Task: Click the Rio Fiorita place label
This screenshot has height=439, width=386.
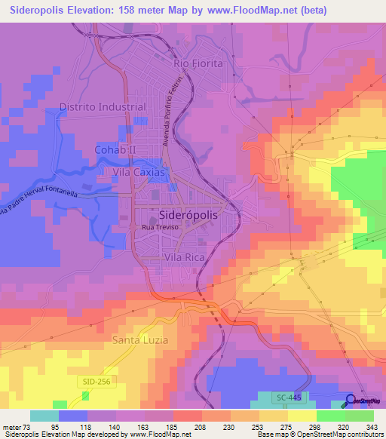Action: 198,63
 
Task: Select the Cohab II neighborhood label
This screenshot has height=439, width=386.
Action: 114,149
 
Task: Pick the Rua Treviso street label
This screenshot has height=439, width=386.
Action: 158,226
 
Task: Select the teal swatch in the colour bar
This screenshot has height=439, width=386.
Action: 44,416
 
